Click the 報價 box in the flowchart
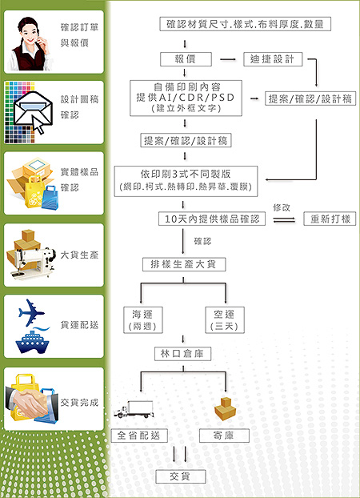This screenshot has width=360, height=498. click(x=186, y=59)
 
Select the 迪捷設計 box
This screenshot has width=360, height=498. click(x=273, y=59)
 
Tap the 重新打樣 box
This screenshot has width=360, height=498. click(x=330, y=219)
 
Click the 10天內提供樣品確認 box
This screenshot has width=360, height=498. click(x=212, y=219)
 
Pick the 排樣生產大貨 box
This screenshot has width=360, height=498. click(x=184, y=264)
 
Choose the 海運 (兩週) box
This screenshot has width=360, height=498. click(x=143, y=319)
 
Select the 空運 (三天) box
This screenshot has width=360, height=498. click(x=225, y=319)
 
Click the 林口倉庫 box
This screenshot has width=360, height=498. click(x=182, y=354)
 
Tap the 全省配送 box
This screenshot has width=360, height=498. click(x=139, y=436)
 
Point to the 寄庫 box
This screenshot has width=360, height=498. click(x=224, y=436)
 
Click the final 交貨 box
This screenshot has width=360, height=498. click(x=180, y=476)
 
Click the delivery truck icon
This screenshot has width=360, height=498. click(x=134, y=409)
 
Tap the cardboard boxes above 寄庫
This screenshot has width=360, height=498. click(x=225, y=409)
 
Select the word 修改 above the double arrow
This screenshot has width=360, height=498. click(x=282, y=207)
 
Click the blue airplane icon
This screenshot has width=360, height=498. click(x=31, y=312)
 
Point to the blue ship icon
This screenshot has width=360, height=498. click(x=32, y=341)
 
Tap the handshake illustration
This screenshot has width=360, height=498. click(x=32, y=404)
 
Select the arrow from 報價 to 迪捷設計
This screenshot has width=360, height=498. click(x=228, y=59)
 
